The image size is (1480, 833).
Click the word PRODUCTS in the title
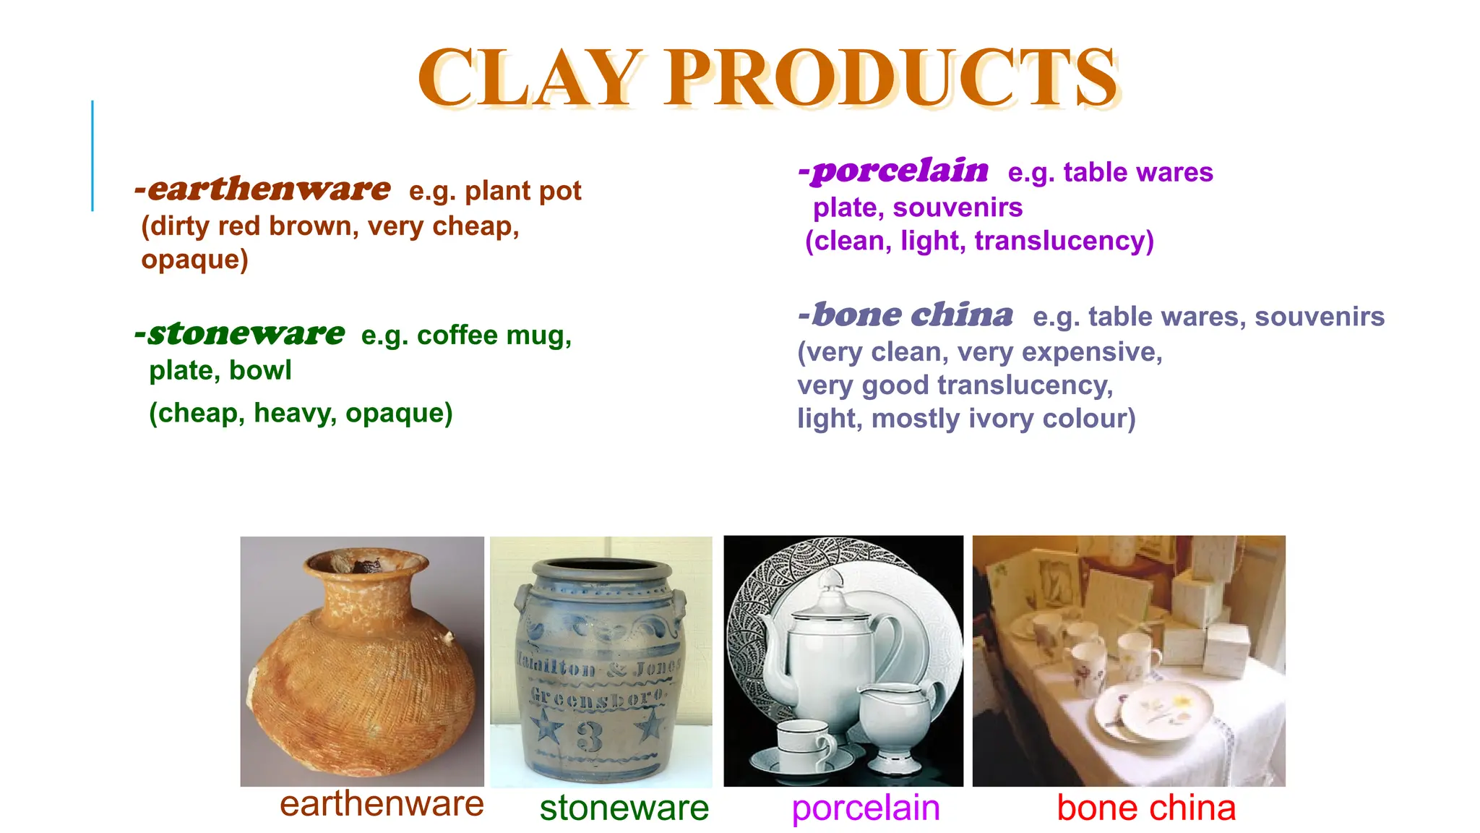coord(892,77)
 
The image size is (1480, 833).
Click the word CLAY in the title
coord(530,77)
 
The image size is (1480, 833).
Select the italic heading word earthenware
coord(268,189)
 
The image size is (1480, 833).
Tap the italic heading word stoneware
coord(246,333)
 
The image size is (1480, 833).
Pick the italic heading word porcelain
coord(899,171)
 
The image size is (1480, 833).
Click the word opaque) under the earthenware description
coord(194,259)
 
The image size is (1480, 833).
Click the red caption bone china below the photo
coord(1146,808)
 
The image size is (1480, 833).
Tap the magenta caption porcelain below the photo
coord(866,808)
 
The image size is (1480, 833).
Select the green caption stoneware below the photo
coord(624,808)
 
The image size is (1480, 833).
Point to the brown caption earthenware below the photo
coord(382,803)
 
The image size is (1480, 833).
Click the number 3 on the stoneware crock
coord(590,736)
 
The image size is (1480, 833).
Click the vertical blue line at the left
coord(92,155)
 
